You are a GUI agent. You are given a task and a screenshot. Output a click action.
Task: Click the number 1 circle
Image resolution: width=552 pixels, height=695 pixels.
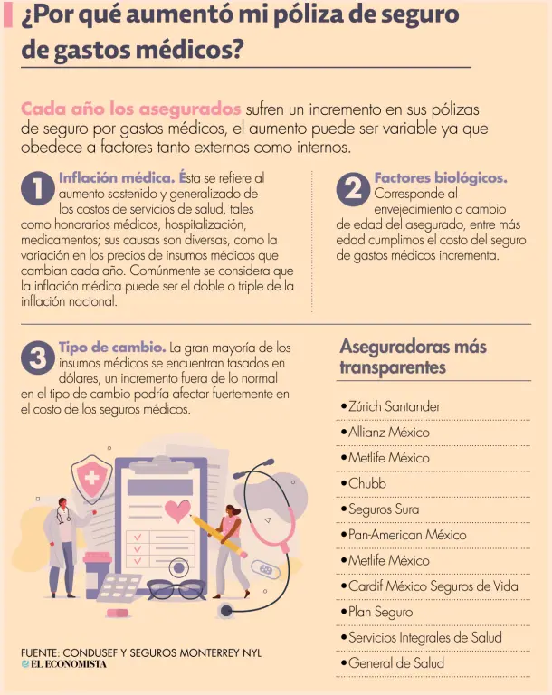(38, 188)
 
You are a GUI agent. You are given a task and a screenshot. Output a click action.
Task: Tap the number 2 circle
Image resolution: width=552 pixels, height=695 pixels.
(353, 189)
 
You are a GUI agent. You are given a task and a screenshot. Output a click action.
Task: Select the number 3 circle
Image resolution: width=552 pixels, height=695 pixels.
(38, 357)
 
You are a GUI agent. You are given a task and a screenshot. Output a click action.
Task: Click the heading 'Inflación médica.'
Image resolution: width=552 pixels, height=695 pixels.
(117, 177)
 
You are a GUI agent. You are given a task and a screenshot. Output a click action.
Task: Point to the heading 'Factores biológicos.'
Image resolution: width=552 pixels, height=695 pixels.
(441, 178)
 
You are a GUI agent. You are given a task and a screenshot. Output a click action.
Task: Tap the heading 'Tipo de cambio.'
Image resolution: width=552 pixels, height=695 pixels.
(112, 347)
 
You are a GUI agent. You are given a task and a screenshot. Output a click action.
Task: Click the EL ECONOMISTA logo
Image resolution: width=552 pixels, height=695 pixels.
(64, 664)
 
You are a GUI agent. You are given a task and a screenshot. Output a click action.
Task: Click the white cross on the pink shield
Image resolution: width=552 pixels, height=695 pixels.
(92, 478)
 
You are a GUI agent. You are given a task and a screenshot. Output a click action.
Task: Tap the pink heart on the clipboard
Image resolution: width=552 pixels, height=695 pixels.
(177, 511)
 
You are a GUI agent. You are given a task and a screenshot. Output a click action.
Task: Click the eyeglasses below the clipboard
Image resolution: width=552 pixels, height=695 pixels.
(176, 589)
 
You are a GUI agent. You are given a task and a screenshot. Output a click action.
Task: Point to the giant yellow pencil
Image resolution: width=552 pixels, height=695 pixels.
(219, 537)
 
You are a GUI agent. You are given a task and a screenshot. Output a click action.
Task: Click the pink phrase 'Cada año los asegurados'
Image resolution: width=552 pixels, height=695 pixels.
(131, 109)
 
